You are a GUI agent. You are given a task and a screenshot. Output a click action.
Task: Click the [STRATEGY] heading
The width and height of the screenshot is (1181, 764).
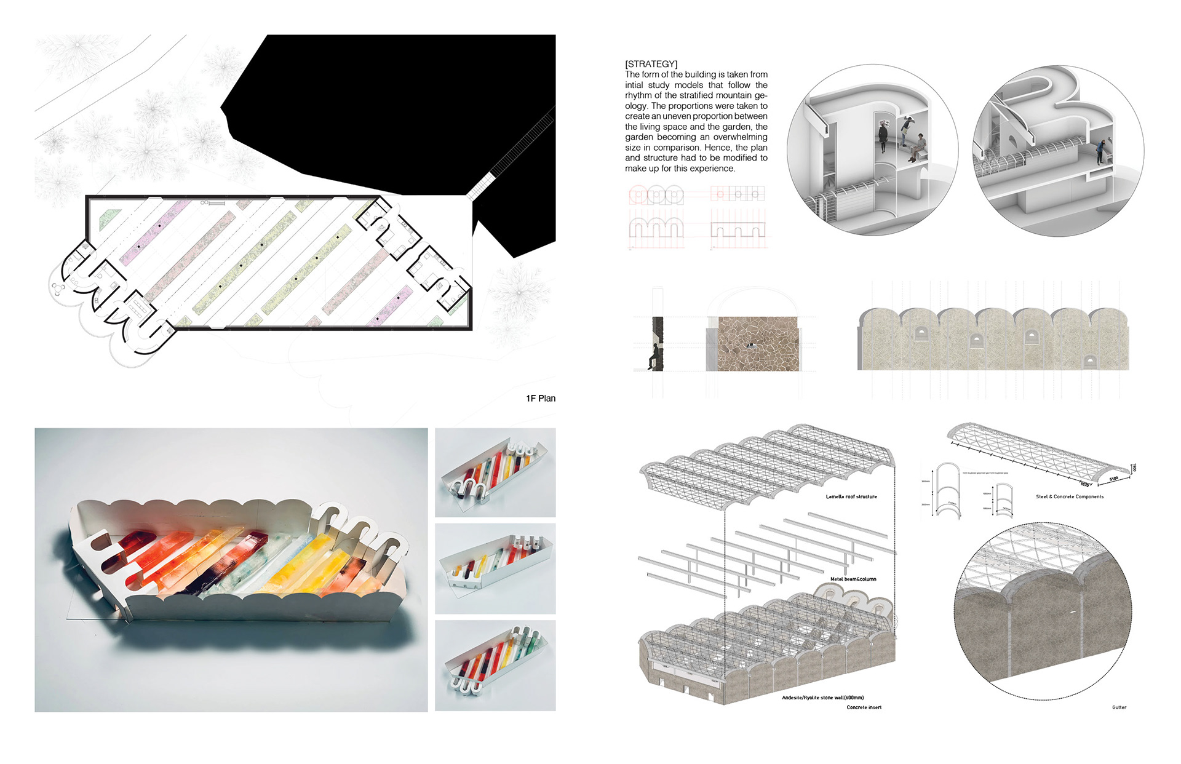tap(651, 64)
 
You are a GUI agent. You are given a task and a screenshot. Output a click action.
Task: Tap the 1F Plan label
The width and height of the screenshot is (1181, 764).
tap(540, 399)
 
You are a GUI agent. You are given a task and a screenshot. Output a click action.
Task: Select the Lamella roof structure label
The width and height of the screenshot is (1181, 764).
tap(851, 496)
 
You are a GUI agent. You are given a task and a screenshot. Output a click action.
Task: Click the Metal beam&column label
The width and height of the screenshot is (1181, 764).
tap(853, 579)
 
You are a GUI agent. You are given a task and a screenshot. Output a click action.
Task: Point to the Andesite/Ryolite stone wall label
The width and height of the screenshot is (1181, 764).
tap(822, 698)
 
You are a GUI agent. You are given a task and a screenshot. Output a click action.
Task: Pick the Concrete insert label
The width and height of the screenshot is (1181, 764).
tap(864, 707)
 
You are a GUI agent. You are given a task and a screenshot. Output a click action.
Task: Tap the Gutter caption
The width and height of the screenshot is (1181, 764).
tap(1119, 707)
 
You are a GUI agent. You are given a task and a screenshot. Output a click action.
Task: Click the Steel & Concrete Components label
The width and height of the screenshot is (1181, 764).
tap(1069, 496)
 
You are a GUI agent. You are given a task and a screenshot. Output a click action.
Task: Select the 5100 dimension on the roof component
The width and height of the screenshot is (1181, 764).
tap(1113, 479)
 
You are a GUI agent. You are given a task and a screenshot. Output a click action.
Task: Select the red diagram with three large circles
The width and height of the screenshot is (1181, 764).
tap(656, 196)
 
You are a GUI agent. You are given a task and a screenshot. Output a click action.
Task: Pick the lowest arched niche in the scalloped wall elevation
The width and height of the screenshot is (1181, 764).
tap(1089, 362)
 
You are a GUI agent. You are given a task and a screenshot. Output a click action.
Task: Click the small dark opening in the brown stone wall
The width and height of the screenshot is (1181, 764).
tap(750, 345)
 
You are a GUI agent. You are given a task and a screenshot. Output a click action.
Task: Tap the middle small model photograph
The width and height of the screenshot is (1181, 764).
tap(495, 568)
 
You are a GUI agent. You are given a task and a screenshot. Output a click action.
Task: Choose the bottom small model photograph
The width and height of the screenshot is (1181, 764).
tap(495, 666)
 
